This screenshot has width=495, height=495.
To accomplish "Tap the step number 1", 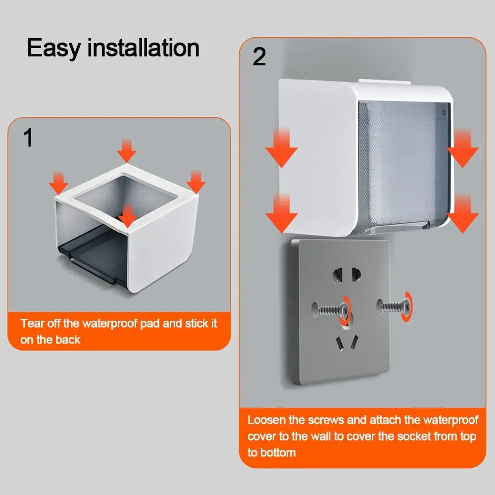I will click(29, 139).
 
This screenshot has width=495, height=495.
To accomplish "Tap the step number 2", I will click(259, 57).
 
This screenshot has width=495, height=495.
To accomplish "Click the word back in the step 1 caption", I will click(68, 340).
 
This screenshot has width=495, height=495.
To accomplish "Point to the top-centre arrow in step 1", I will click(127, 150).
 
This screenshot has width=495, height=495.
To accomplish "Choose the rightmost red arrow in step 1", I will click(196, 181).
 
